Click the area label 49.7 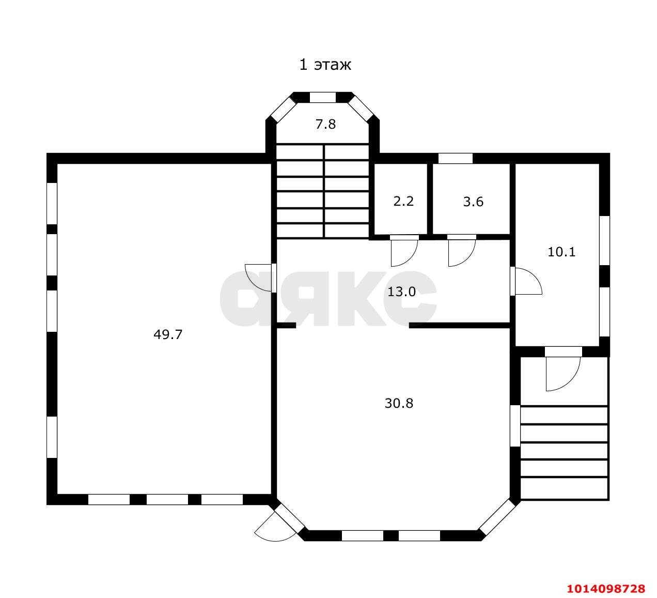(168, 335)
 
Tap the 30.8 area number (399, 404)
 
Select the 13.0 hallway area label (401, 292)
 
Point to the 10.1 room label (561, 252)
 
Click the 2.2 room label (403, 201)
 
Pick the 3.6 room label (473, 202)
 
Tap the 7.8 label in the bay (325, 124)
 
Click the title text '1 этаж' (325, 65)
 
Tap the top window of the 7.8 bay (323, 98)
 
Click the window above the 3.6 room (455, 158)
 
